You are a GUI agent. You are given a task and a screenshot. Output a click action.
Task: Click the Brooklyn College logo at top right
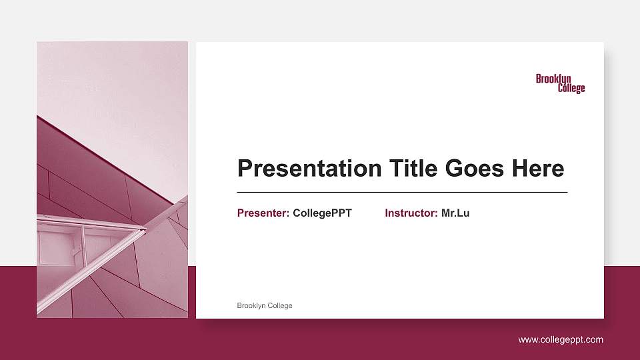pos(560,83)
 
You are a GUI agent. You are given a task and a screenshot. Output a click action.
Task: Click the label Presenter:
pos(263,213)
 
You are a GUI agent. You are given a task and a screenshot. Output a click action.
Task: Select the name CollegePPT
pos(322,213)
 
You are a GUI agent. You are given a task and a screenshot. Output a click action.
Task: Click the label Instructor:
pos(411,213)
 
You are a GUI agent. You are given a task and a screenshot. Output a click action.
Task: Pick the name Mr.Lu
pos(455,213)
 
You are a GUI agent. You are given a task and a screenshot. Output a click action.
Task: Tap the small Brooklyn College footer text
pos(265,305)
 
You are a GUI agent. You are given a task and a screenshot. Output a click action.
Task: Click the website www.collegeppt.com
pos(561,339)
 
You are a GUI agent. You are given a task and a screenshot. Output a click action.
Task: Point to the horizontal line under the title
pos(402,192)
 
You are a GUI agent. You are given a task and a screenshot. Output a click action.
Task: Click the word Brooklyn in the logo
pos(553,79)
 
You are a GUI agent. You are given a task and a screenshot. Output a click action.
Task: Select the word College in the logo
pos(571,89)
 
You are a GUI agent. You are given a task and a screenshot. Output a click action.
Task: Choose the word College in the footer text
pos(280,305)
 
